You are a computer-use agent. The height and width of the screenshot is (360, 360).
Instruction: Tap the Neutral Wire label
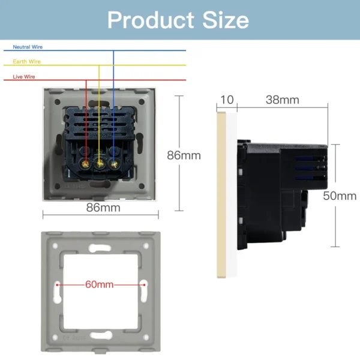pyautogui.click(x=28, y=47)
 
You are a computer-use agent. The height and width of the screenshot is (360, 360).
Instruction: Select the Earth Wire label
pyautogui.click(x=26, y=62)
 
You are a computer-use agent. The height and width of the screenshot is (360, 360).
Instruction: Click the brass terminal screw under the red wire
pyautogui.click(x=86, y=163)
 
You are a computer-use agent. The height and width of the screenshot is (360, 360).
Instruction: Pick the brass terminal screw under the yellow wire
pyautogui.click(x=99, y=163)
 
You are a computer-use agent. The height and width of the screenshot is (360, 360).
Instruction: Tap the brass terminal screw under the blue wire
pyautogui.click(x=112, y=163)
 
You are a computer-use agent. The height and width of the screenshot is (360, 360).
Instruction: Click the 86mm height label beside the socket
pyautogui.click(x=184, y=155)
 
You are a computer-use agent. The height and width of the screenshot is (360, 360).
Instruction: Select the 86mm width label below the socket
pyautogui.click(x=103, y=208)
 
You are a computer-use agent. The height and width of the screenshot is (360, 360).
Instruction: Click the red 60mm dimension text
pyautogui.click(x=99, y=284)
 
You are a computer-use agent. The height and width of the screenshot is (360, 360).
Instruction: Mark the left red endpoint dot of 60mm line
pyautogui.click(x=57, y=284)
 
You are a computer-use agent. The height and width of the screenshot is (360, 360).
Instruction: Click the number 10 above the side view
pyautogui.click(x=227, y=100)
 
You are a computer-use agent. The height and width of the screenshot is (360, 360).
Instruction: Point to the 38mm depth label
pyautogui.click(x=281, y=100)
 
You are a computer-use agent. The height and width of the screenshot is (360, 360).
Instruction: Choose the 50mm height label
pyautogui.click(x=340, y=196)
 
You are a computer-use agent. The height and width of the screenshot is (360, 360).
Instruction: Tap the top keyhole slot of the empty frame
pyautogui.click(x=100, y=247)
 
